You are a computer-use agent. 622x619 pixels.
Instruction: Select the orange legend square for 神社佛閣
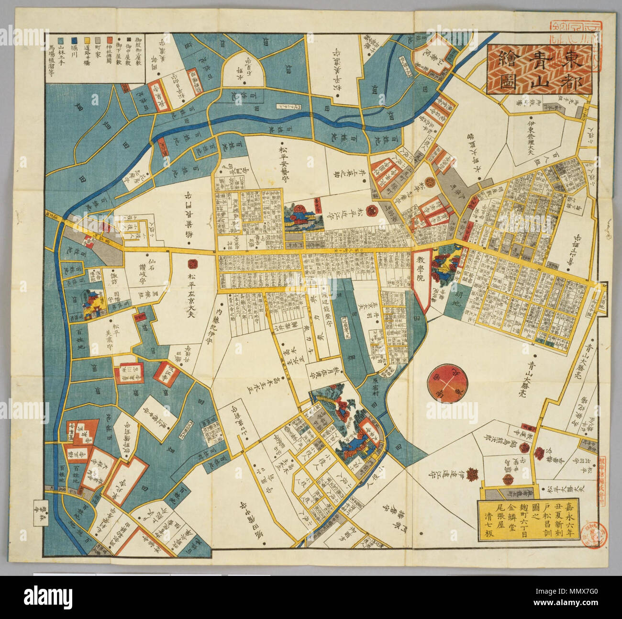coord(110,41)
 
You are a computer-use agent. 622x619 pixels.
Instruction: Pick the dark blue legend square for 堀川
coord(74,41)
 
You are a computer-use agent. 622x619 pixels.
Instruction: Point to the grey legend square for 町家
coord(98,41)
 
